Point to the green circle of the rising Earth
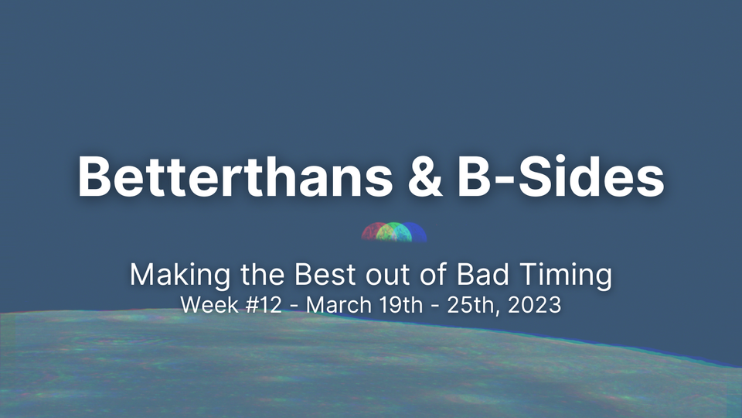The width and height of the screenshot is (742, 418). (395, 232)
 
